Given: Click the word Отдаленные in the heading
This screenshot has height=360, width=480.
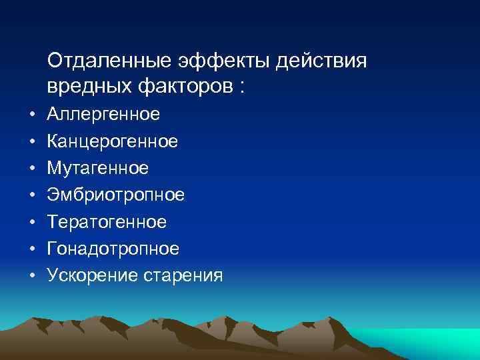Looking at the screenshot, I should pyautogui.click(x=111, y=61).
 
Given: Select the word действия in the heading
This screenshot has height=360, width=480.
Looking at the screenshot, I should pyautogui.click(x=322, y=61).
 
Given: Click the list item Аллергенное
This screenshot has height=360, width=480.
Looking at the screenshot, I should pyautogui.click(x=103, y=115).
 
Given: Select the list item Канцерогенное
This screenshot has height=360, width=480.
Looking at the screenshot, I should pyautogui.click(x=113, y=142).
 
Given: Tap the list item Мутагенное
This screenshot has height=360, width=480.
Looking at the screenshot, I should pyautogui.click(x=97, y=169).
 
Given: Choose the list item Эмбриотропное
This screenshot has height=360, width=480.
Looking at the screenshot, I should pyautogui.click(x=116, y=195).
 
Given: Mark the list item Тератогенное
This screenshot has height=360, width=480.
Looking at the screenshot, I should pyautogui.click(x=107, y=222).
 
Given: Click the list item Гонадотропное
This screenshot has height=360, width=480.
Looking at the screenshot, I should pyautogui.click(x=113, y=249).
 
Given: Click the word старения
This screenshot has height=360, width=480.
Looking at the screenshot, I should pyautogui.click(x=183, y=275).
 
